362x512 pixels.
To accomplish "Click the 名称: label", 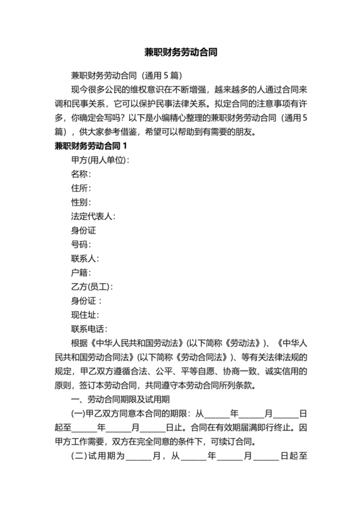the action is [81, 174].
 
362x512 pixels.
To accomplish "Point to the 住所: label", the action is [81, 188].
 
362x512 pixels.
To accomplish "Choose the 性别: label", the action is [81, 202].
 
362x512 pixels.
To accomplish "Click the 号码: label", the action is [81, 244].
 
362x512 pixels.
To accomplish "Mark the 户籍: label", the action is [81, 273].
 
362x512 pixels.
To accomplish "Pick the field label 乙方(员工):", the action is [92, 286].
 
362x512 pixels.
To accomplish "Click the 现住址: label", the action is [85, 315].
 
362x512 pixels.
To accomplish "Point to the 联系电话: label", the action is [89, 329].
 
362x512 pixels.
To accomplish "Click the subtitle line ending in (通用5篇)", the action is [122, 75].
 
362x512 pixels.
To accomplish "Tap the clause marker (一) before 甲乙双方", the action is [78, 414].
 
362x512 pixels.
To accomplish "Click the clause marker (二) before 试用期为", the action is [78, 456].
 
